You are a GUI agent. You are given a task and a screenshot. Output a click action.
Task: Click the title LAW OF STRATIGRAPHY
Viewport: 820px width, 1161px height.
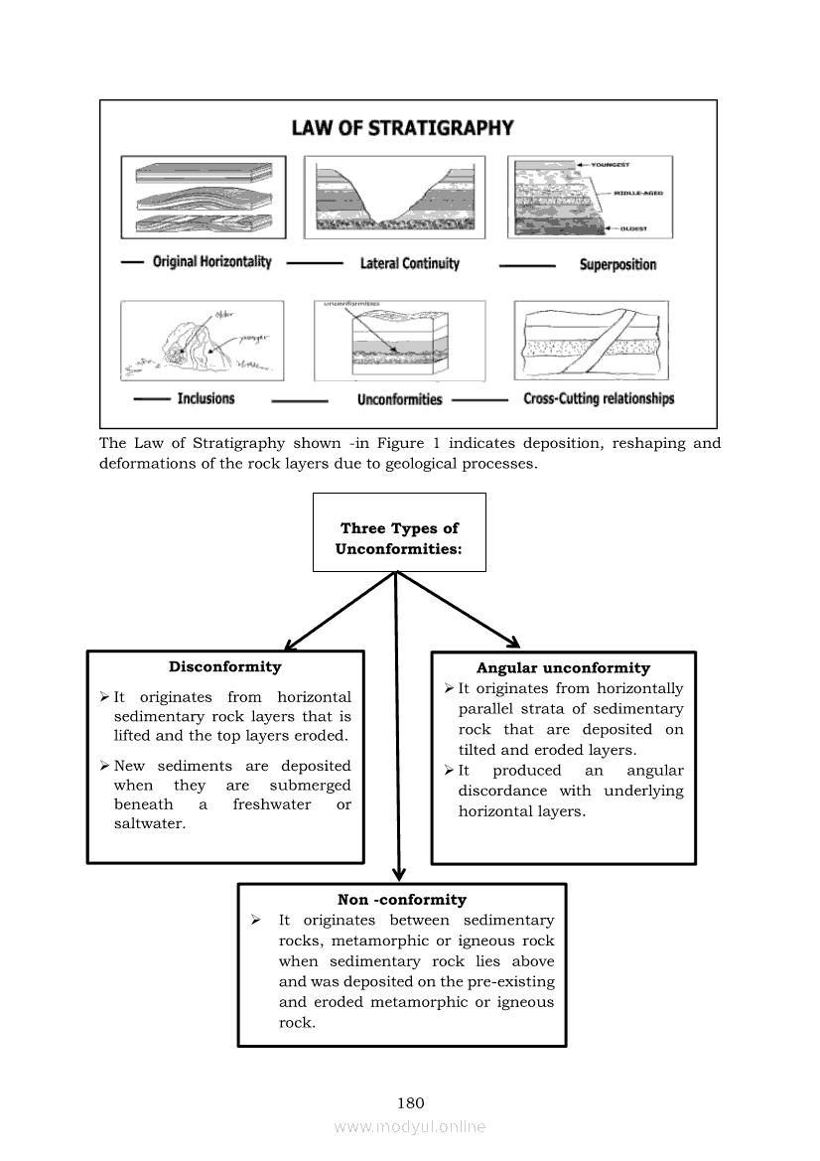(402, 128)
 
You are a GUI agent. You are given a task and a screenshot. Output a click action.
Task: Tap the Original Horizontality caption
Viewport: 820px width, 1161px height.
(211, 262)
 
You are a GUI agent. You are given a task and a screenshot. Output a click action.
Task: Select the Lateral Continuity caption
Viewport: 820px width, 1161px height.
(409, 263)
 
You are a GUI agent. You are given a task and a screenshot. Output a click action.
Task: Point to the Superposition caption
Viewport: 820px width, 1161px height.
(617, 264)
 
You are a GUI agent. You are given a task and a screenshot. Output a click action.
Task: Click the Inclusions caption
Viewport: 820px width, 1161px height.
(205, 398)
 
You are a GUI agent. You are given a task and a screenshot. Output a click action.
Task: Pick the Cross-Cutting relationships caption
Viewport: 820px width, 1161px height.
(599, 398)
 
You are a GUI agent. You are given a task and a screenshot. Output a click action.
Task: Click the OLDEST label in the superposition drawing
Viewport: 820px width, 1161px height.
(634, 228)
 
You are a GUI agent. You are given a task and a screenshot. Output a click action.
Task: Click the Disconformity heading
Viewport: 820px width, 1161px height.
(225, 667)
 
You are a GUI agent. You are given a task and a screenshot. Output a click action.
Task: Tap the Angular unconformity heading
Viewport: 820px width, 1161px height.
(563, 668)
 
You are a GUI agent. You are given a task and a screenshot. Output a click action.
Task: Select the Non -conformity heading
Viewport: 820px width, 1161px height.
(402, 900)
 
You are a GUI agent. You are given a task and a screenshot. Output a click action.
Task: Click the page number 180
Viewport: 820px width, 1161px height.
(410, 1102)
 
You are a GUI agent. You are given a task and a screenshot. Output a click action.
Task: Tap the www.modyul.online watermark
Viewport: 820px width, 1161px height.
(410, 1127)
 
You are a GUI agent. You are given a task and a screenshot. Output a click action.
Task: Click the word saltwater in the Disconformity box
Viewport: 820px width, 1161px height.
(150, 824)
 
